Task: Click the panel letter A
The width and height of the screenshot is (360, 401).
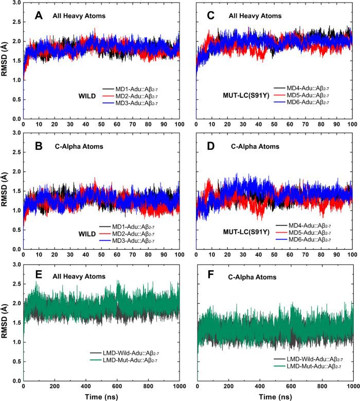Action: (x=39, y=15)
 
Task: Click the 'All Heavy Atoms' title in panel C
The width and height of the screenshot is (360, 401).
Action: (x=255, y=16)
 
